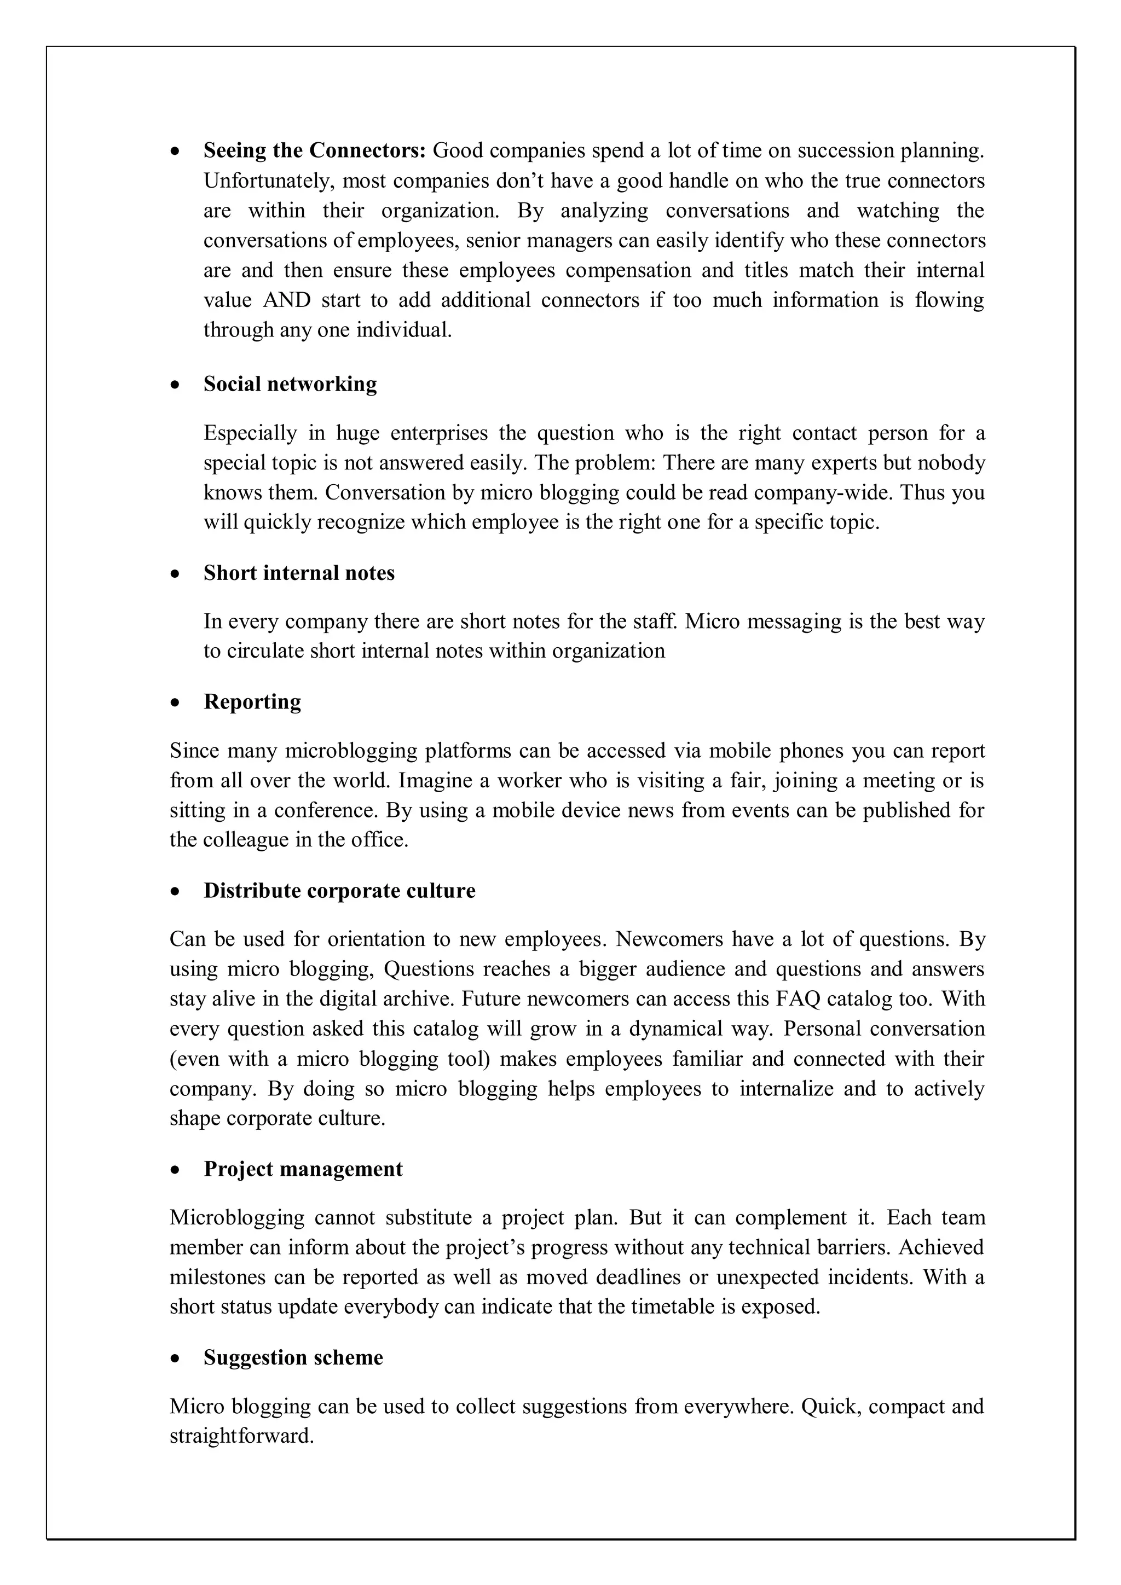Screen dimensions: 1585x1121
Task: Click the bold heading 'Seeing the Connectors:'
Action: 316,150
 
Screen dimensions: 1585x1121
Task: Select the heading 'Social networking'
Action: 290,384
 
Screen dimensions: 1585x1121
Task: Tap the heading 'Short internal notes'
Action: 299,573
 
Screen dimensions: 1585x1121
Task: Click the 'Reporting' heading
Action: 252,701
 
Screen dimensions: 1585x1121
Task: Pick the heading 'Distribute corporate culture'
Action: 339,891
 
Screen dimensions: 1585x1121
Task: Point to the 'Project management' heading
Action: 303,1169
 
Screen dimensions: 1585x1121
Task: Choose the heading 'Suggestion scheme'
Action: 293,1358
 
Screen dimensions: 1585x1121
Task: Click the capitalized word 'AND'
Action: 287,300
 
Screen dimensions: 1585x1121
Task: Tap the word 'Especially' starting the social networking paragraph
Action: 250,433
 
